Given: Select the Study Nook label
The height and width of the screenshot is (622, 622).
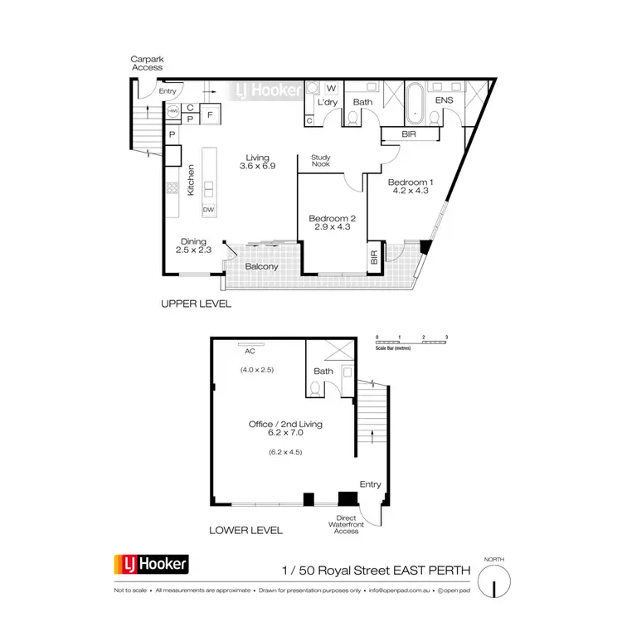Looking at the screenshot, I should click(321, 160).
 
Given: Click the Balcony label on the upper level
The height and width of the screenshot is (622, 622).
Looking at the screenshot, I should click(261, 266).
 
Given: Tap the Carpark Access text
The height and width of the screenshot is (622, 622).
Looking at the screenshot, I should click(146, 64).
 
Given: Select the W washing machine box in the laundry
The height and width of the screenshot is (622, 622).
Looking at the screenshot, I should click(330, 89).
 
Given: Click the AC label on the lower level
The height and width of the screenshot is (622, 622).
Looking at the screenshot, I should click(248, 350).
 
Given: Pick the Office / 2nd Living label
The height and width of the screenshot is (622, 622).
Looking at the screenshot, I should click(285, 424).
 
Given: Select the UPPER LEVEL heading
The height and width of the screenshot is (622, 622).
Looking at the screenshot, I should click(196, 304).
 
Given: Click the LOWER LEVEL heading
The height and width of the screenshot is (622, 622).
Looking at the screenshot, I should click(247, 529).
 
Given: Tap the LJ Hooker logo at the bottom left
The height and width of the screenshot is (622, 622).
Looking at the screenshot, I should click(152, 566).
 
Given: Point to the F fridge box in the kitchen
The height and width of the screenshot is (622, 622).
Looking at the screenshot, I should click(210, 113).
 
